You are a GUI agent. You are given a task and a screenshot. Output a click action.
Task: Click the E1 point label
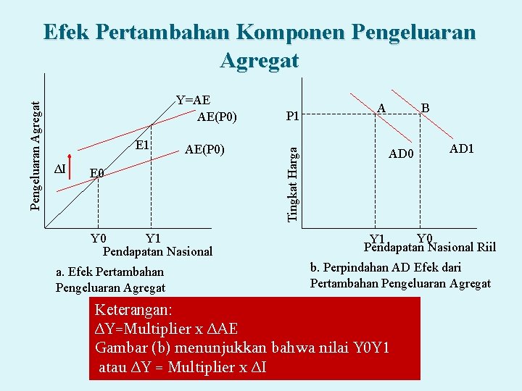coord(142,145)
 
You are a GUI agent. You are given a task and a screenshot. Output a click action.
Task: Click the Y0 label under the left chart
coord(98,238)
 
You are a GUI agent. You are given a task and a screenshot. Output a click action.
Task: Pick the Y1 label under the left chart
coord(152,238)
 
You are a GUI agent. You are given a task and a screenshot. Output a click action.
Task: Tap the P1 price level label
coord(293,116)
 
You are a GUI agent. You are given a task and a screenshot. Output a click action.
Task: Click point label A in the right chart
coord(381,108)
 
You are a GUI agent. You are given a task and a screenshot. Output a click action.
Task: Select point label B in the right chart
coord(426,108)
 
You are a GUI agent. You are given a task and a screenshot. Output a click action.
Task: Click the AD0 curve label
coord(401,154)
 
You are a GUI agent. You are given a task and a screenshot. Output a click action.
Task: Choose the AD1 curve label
coord(461,148)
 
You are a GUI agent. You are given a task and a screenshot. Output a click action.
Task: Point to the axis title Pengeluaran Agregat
coord(36,145)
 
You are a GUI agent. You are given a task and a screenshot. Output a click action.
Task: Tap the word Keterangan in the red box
coord(133,309)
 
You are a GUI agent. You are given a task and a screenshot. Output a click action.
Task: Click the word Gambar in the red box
coord(120,348)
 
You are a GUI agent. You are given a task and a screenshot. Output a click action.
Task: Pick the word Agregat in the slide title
coord(260,59)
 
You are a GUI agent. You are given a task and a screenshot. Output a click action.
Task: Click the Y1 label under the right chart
coord(376,240)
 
